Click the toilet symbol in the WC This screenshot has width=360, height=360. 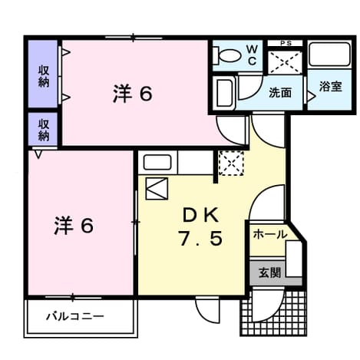tap(227, 56)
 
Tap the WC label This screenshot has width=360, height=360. tap(252, 54)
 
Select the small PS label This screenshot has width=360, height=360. tap(286, 43)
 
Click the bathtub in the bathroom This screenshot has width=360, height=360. tap(329, 54)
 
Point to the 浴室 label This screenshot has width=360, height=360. tap(330, 87)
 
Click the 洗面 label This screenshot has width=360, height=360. tap(280, 92)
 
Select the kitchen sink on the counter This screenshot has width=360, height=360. tap(157, 162)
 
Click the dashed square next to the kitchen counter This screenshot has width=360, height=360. tap(231, 163)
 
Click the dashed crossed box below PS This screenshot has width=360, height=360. tap(286, 62)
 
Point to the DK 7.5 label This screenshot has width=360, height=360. tap(201, 227)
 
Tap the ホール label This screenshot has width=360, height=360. tap(269, 234)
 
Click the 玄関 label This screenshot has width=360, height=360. tap(269, 272)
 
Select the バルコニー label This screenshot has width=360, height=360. tap(75, 316)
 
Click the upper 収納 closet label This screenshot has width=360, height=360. tap(44, 76)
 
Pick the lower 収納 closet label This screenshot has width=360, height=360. tap(44, 130)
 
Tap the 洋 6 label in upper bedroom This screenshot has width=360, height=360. tap(133, 94)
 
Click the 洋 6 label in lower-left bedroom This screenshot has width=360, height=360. tap(74, 225)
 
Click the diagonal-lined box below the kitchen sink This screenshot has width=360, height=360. tap(157, 189)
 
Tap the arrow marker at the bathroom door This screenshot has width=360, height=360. tap(311, 96)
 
